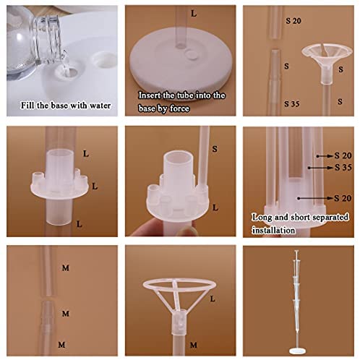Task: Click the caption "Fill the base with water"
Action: [66, 106]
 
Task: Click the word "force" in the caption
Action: [179, 108]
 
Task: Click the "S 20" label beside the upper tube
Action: [293, 21]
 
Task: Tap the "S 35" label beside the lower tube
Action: [291, 104]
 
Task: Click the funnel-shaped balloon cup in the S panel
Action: [327, 63]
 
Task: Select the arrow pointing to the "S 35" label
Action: [320, 168]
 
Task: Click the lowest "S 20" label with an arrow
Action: [343, 198]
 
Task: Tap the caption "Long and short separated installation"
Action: [300, 223]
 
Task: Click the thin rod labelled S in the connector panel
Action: [204, 157]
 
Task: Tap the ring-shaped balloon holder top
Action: [179, 284]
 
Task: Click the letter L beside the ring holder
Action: [213, 299]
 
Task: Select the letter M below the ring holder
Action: [194, 345]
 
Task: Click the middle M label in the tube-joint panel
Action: [66, 314]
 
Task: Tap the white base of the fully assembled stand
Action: [297, 351]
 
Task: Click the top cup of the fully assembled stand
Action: [297, 252]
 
